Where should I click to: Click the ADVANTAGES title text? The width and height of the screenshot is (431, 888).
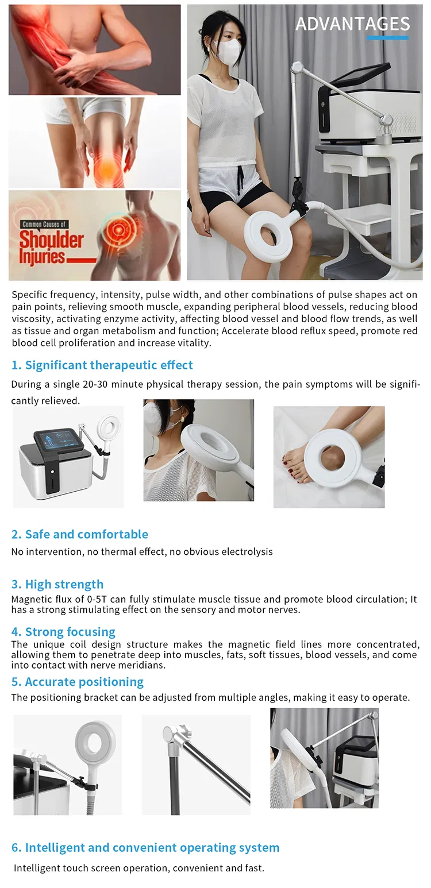353,24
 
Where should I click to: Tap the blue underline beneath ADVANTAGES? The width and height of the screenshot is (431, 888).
388,38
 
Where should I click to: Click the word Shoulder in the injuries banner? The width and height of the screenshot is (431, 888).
52,240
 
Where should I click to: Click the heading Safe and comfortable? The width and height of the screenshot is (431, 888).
80,534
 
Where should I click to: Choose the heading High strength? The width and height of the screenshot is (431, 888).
57,584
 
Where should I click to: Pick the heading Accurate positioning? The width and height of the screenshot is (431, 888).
78,682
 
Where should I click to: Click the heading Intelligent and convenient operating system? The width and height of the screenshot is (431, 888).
145,848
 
